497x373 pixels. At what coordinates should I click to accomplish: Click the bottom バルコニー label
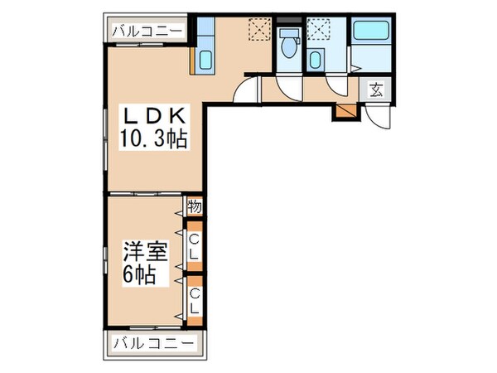click(152, 342)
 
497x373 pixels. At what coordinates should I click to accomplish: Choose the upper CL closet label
click(194, 246)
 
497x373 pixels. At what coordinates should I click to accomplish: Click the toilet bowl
click(288, 46)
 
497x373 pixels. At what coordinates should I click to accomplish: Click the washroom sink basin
click(316, 59)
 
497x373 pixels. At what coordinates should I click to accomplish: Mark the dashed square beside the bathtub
click(318, 30)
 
